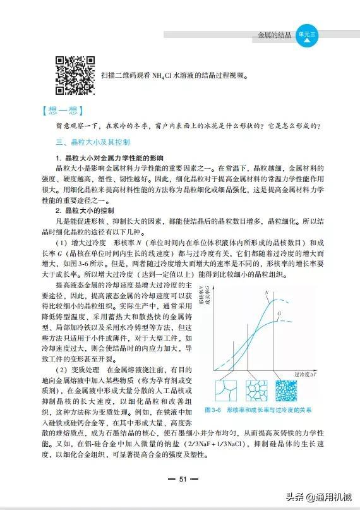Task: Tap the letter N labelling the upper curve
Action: point(268,292)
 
